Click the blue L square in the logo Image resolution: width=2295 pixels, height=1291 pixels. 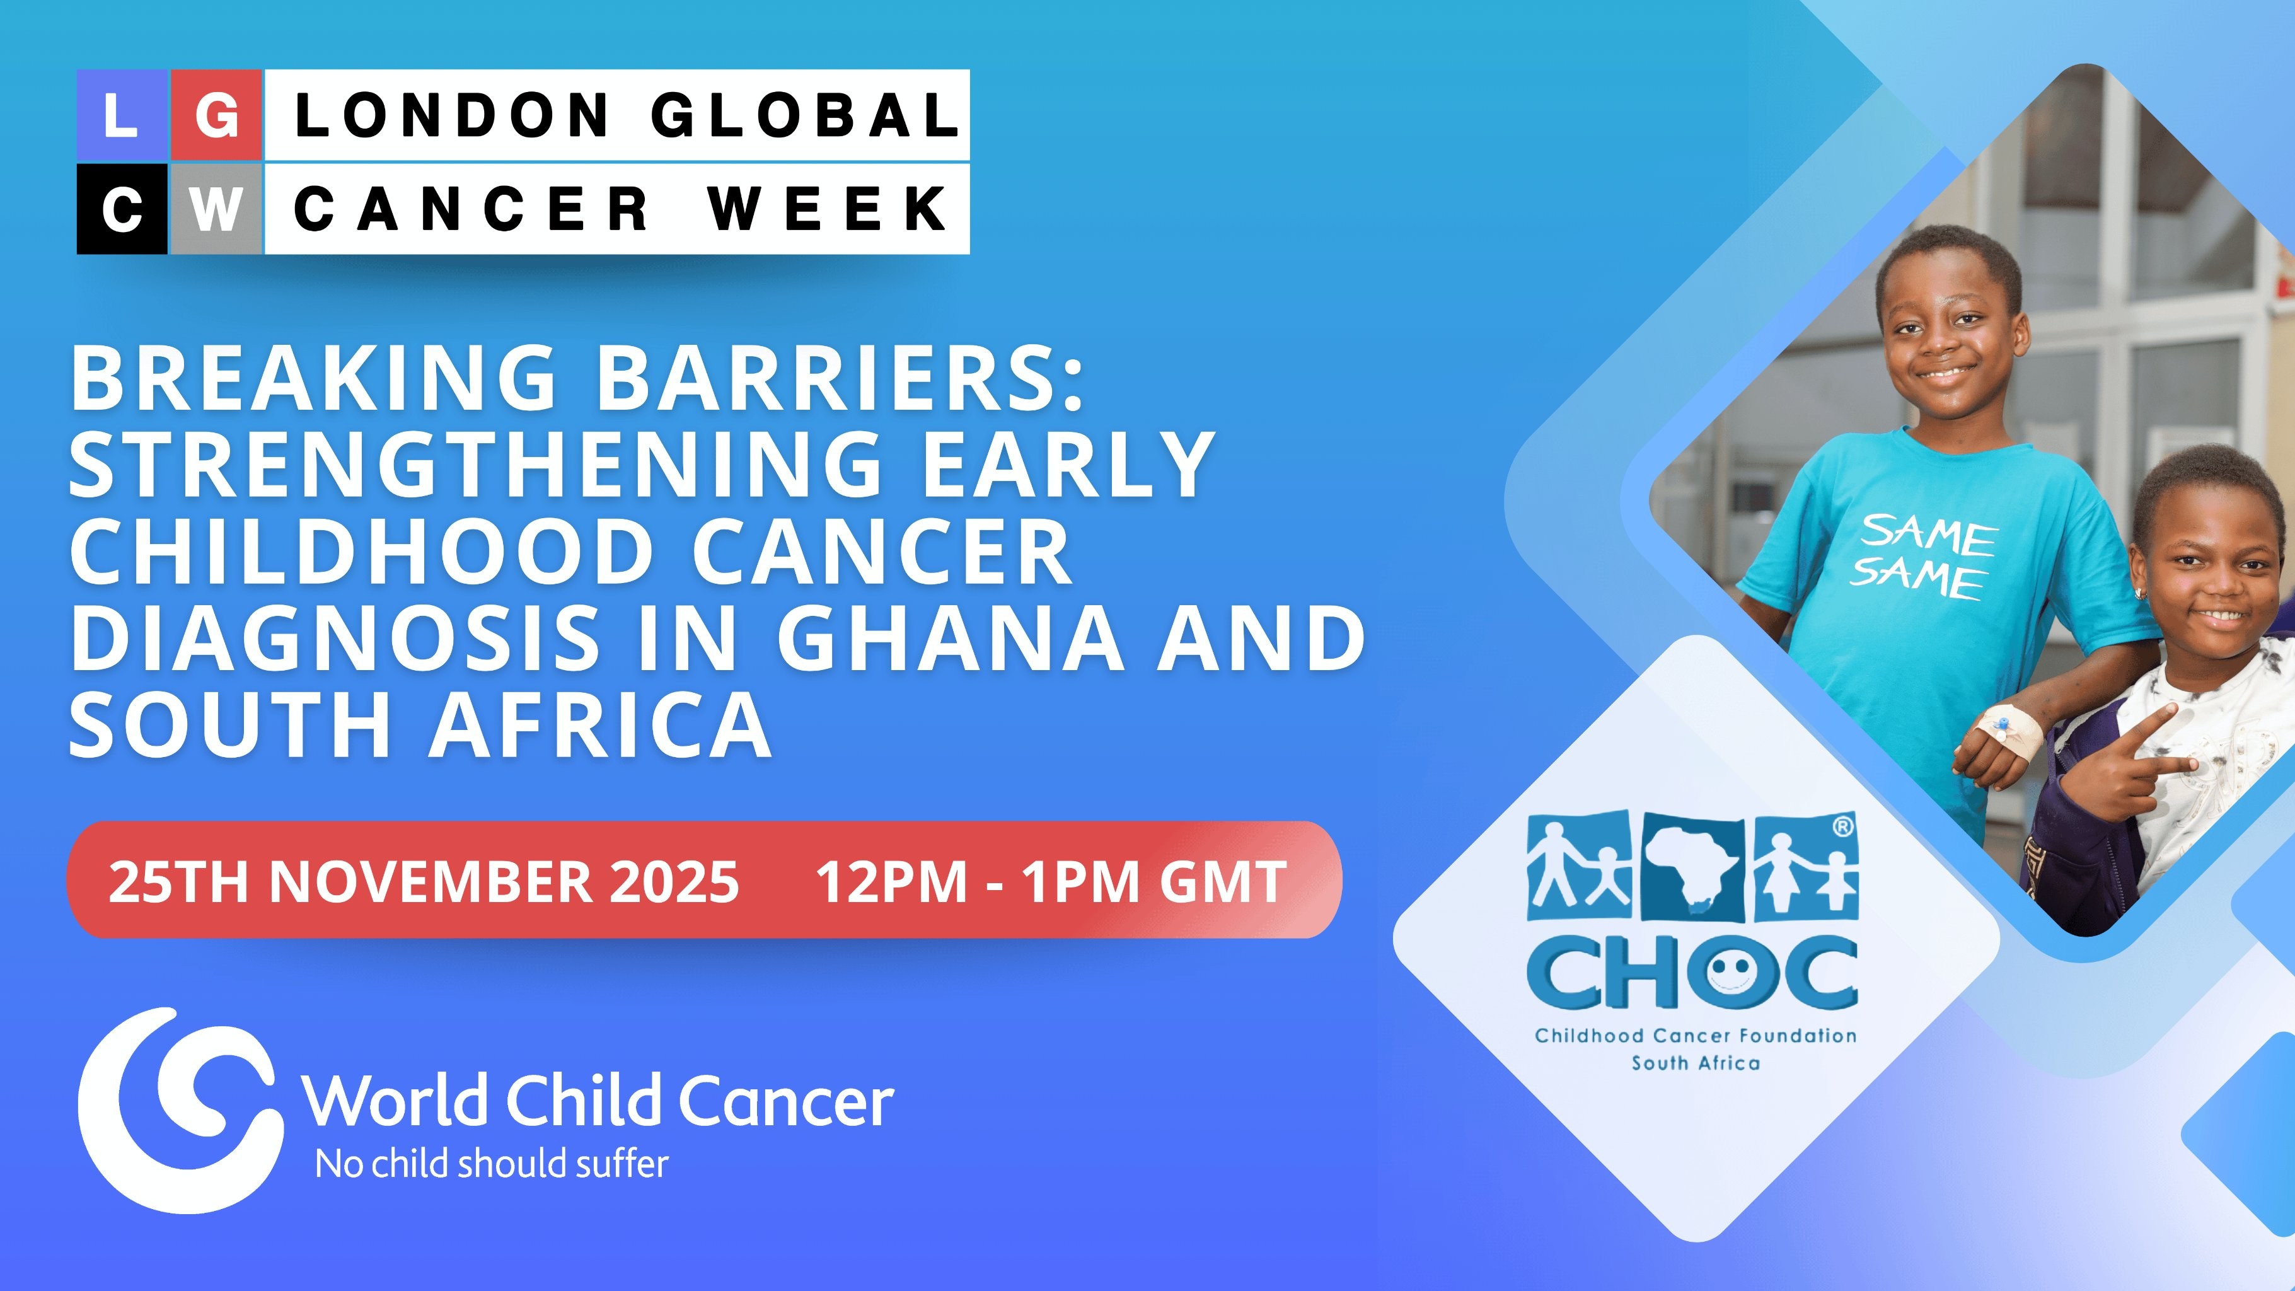click(122, 116)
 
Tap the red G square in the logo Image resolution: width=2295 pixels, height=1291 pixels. click(216, 116)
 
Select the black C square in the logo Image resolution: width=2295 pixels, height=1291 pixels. click(122, 209)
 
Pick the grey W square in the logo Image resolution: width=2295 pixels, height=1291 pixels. click(216, 209)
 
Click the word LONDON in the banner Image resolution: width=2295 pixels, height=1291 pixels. click(452, 116)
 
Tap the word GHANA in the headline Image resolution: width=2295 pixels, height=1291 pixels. click(952, 638)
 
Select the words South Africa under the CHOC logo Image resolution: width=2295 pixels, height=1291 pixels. click(1696, 1063)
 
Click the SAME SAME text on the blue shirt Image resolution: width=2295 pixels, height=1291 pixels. click(1922, 555)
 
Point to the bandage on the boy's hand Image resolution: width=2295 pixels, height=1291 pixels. click(2010, 731)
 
